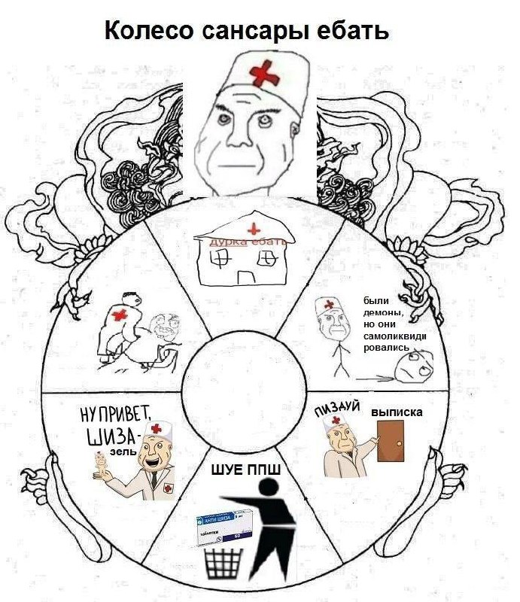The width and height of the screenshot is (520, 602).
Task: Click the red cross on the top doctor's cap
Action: [263, 73]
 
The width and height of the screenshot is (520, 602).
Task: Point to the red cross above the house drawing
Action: [254, 228]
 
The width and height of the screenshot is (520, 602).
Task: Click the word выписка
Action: [397, 412]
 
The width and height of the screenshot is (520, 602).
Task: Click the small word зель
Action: [123, 453]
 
